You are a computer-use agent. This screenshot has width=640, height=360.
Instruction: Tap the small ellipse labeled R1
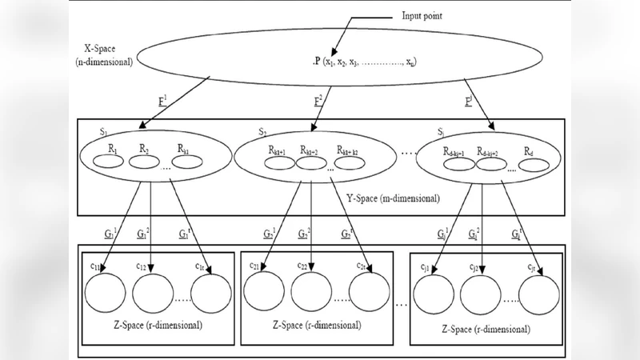tap(112, 162)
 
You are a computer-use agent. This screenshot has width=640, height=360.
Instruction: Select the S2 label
tap(263, 130)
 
